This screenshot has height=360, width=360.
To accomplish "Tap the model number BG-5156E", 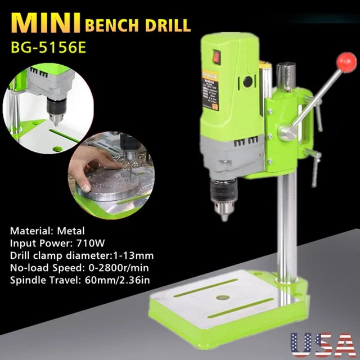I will coord(48,47).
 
